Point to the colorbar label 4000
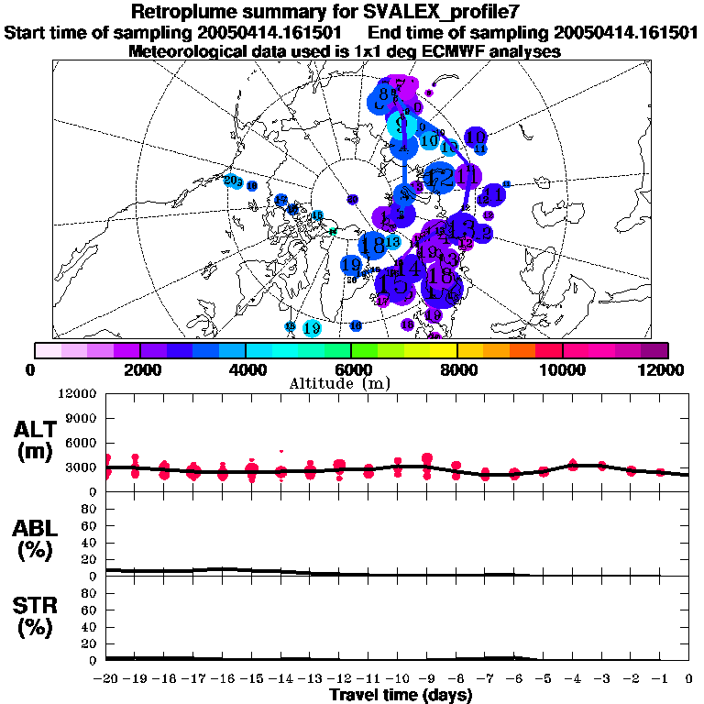click(x=246, y=369)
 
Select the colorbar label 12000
click(x=666, y=369)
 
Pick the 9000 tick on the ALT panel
click(x=82, y=418)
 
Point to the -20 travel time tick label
click(x=107, y=678)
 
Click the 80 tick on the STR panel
click(x=90, y=593)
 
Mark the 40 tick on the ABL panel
click(x=90, y=543)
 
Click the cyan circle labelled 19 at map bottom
click(x=312, y=328)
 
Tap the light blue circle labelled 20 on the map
click(x=232, y=181)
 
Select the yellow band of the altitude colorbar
click(x=443, y=350)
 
